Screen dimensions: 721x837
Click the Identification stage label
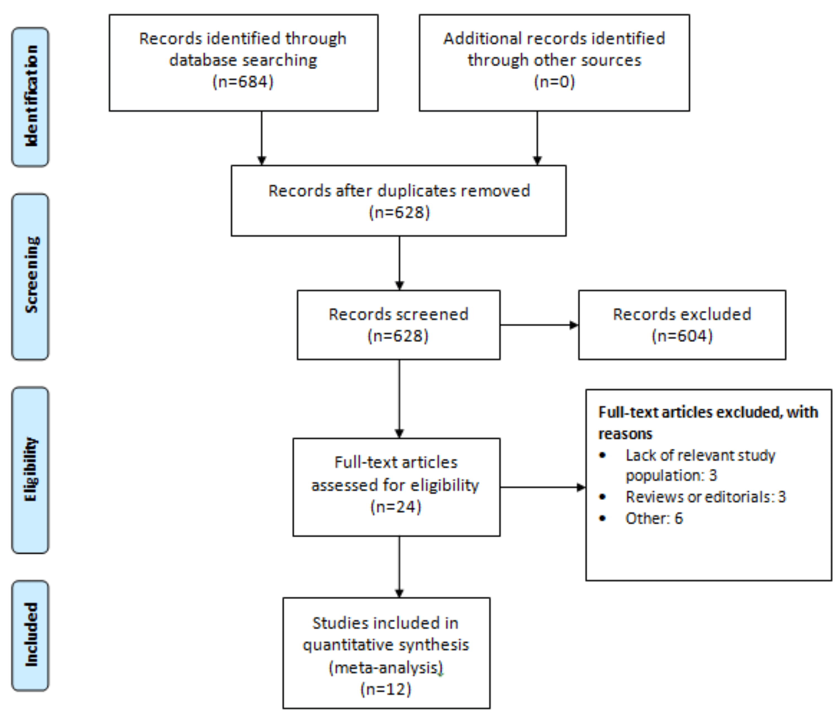coord(30,97)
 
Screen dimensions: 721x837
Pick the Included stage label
coord(30,635)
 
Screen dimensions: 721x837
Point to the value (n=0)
coord(554,81)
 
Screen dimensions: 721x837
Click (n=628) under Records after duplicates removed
coord(399,212)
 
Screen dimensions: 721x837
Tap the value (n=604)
coord(682,336)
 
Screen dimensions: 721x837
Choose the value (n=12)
coord(386,689)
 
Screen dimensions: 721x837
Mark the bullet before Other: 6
coord(603,518)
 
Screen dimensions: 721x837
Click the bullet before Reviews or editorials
coord(603,497)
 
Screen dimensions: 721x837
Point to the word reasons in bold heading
coord(625,434)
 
